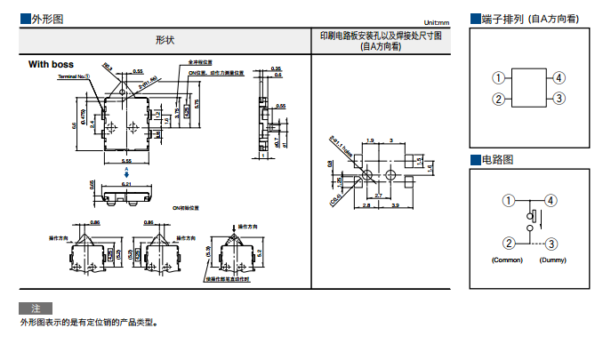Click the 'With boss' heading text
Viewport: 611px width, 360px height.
pyautogui.click(x=51, y=64)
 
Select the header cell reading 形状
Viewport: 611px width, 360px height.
pyautogui.click(x=165, y=41)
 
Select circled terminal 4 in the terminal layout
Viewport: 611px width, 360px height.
pyautogui.click(x=559, y=78)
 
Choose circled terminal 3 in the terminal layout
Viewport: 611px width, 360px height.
pyautogui.click(x=559, y=99)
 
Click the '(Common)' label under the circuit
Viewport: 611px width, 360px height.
pyautogui.click(x=507, y=260)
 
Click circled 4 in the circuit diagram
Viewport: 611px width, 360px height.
pyautogui.click(x=551, y=201)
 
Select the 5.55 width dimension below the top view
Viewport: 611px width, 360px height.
pyautogui.click(x=126, y=161)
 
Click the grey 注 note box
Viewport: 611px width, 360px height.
pyautogui.click(x=36, y=308)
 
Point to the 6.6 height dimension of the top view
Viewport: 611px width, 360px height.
pyautogui.click(x=75, y=125)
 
